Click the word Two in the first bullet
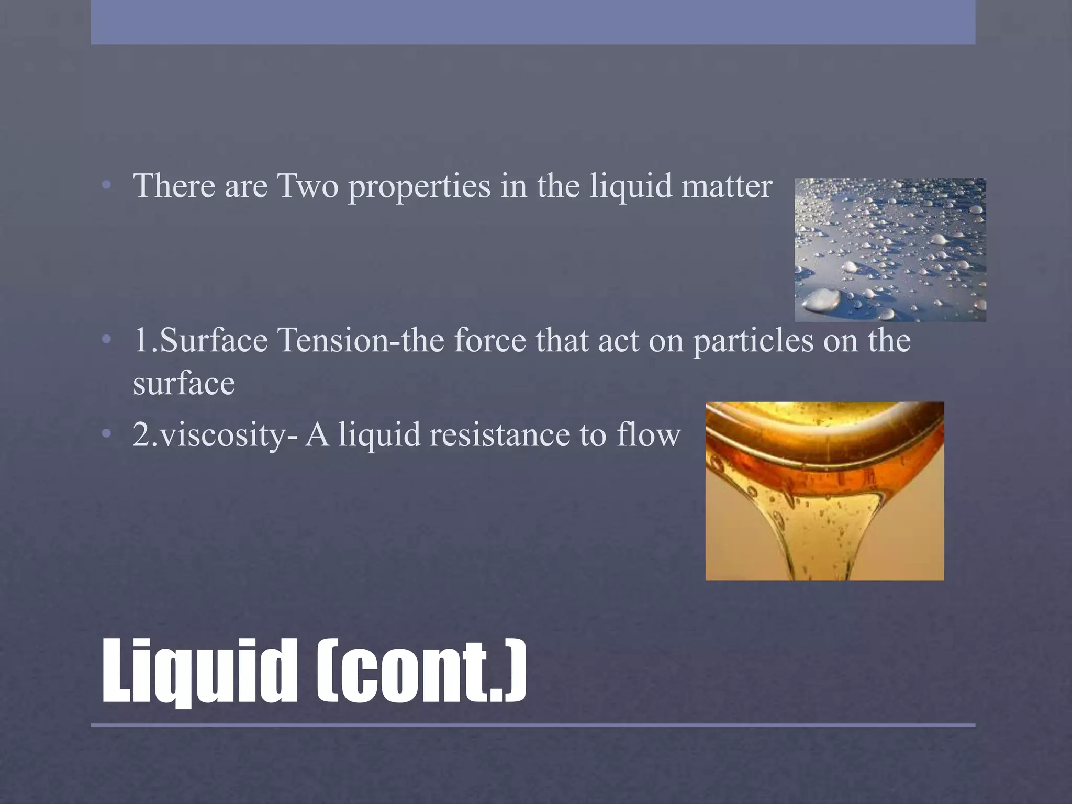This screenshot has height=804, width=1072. pyautogui.click(x=308, y=186)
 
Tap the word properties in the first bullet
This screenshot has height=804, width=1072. pyautogui.click(x=419, y=187)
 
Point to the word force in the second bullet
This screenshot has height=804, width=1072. pyautogui.click(x=489, y=340)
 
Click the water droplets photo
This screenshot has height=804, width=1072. pyautogui.click(x=890, y=250)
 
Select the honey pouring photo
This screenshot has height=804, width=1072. pyautogui.click(x=824, y=491)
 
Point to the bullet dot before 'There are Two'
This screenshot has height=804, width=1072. pyautogui.click(x=107, y=186)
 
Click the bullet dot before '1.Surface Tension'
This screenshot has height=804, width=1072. pyautogui.click(x=107, y=340)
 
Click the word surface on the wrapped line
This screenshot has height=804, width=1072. pyautogui.click(x=184, y=384)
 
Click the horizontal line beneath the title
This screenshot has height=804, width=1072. pyautogui.click(x=533, y=725)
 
